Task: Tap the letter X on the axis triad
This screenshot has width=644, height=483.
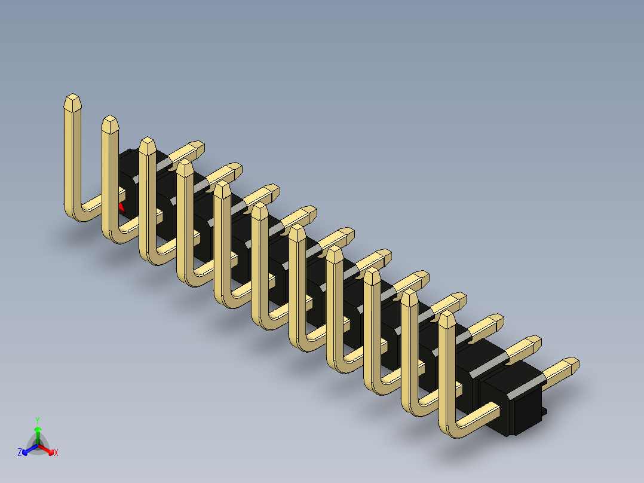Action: tap(56, 453)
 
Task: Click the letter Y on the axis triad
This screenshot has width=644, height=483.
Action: tap(38, 420)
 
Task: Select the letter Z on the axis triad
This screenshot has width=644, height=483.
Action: tap(20, 453)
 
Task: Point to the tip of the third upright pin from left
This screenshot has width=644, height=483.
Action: tap(147, 142)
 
